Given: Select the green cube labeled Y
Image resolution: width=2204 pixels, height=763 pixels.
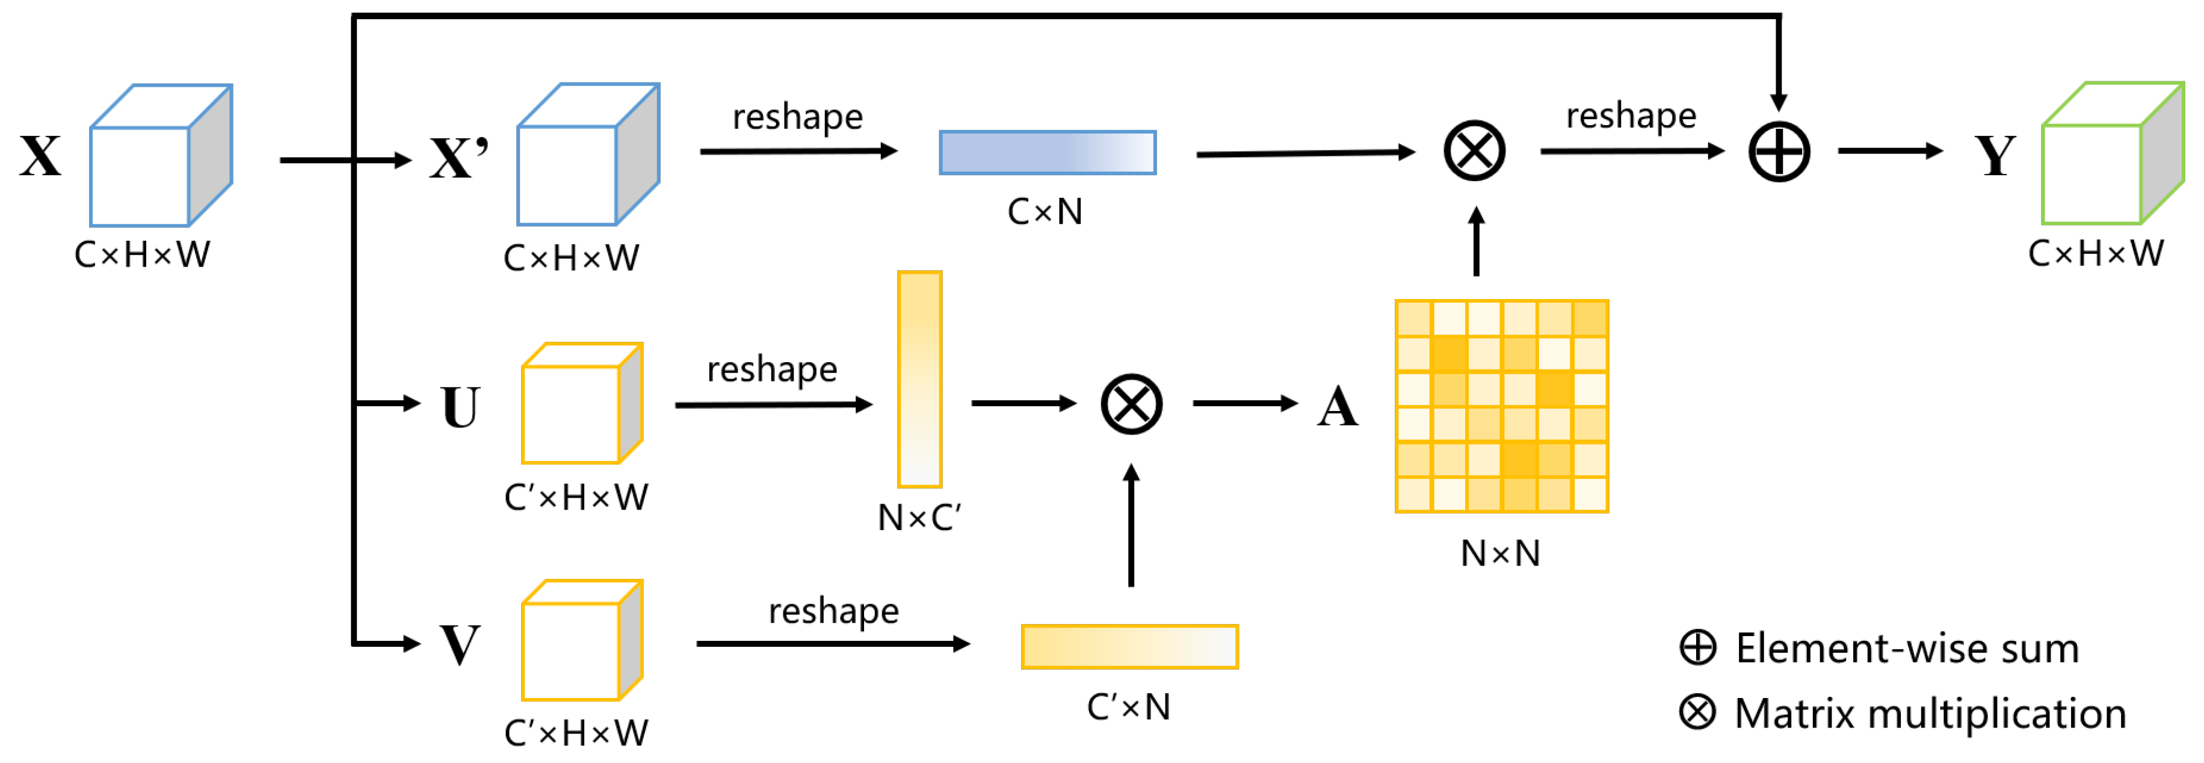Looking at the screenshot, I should (2111, 154).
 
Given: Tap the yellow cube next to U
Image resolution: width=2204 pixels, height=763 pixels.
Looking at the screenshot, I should (581, 404).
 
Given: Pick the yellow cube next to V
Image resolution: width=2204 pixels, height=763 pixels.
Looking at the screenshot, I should (581, 641).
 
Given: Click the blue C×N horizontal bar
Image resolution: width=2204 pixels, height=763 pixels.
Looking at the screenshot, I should (1047, 152).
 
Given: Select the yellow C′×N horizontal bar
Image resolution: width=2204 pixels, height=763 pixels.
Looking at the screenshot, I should (1129, 647).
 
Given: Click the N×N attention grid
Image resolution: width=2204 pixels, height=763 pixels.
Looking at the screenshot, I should (1502, 406).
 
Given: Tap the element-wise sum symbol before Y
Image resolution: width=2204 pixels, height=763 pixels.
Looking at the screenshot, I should (1779, 152).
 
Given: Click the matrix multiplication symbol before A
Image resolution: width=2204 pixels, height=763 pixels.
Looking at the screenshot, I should (1131, 404).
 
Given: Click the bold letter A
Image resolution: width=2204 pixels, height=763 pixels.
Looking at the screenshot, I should (1338, 407).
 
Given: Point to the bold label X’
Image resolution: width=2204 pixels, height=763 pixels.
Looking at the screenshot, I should (460, 158).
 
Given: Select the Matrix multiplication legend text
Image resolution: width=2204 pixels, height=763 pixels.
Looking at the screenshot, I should (1930, 714).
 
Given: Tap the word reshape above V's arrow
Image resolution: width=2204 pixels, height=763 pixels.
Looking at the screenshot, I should (833, 611).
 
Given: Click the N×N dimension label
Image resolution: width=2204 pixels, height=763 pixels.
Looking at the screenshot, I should (1500, 554).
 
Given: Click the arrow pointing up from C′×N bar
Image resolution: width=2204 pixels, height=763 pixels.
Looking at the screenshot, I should (1131, 525).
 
